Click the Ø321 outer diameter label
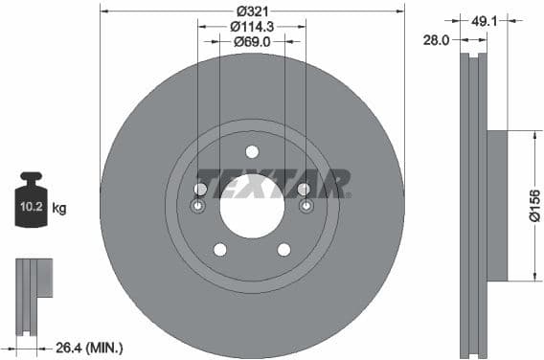[253, 11]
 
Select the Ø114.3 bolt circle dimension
[253, 27]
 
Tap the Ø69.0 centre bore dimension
[253, 42]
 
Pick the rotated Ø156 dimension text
[534, 206]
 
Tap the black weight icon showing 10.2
[32, 202]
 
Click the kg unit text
[59, 207]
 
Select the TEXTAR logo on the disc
[272, 183]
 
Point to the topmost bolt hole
[252, 151]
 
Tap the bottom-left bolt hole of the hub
[219, 250]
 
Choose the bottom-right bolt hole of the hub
[284, 250]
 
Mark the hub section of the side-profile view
[496, 206]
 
